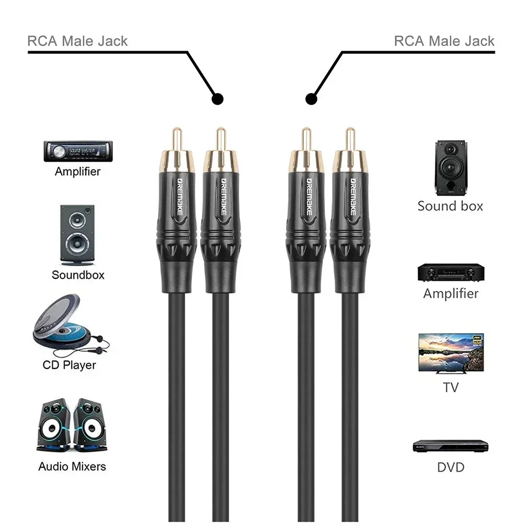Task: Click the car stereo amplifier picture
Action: click(x=77, y=151)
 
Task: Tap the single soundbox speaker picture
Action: click(x=77, y=234)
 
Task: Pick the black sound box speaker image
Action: click(x=450, y=166)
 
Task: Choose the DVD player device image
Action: click(x=450, y=446)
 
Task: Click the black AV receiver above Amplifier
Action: click(x=450, y=272)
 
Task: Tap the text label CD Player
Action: click(x=70, y=364)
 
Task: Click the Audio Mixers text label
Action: click(x=72, y=466)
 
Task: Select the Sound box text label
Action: click(x=450, y=206)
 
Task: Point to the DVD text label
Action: click(x=450, y=467)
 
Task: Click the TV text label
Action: click(x=450, y=387)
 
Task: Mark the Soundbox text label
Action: click(x=78, y=275)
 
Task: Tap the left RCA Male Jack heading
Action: click(x=77, y=41)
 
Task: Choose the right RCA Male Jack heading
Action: click(x=444, y=41)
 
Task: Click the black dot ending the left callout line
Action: click(x=218, y=98)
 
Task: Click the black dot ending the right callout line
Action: click(x=312, y=98)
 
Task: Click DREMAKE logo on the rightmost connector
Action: click(x=349, y=197)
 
